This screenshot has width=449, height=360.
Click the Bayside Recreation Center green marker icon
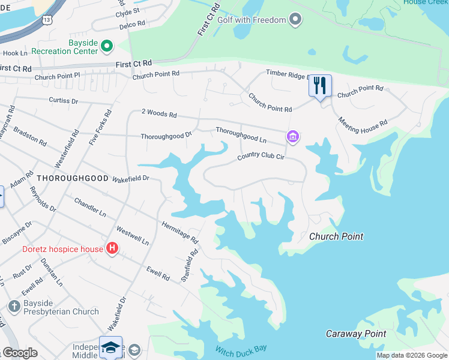click(107, 45)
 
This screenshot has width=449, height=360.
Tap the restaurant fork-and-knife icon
click(320, 85)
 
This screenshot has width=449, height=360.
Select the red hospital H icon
click(112, 248)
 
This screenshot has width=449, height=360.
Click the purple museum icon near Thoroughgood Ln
click(293, 137)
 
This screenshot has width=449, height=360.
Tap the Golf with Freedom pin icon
click(295, 20)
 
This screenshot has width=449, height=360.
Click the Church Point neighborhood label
click(336, 236)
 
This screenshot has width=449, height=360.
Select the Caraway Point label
click(355, 334)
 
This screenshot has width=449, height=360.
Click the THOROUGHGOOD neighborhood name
click(72, 179)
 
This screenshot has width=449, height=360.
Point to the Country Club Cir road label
click(261, 156)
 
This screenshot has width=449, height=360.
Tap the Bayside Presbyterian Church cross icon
click(14, 307)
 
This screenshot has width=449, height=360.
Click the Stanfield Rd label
click(190, 266)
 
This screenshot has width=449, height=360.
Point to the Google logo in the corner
click(20, 353)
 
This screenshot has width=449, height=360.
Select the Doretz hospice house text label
click(61, 249)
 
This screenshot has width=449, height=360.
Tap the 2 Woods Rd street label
click(159, 113)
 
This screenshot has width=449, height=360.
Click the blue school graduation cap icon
click(111, 347)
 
